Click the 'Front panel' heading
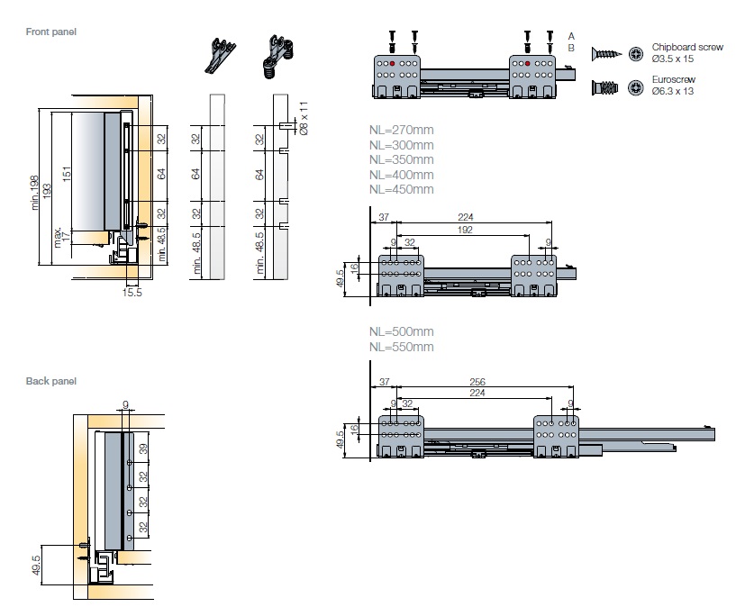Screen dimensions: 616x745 click(x=51, y=32)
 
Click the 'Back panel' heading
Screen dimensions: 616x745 click(x=50, y=381)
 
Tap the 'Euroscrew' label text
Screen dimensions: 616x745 click(x=673, y=79)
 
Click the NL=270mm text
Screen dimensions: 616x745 click(x=401, y=130)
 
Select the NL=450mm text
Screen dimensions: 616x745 click(x=401, y=189)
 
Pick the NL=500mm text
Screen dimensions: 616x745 click(x=401, y=331)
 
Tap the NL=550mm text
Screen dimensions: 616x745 click(x=401, y=347)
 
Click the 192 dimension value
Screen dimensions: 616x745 click(x=464, y=230)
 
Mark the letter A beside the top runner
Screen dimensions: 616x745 click(x=571, y=34)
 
